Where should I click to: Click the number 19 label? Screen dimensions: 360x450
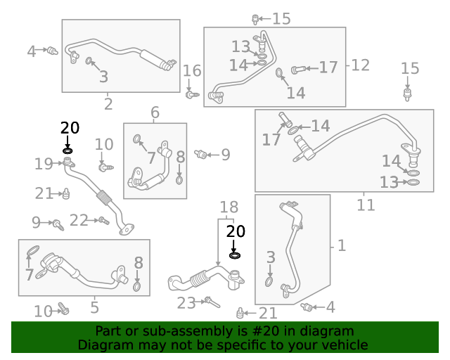(43, 164)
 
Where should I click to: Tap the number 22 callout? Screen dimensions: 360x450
(79, 221)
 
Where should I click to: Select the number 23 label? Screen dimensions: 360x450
(186, 303)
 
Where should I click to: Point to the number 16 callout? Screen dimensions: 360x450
(192, 70)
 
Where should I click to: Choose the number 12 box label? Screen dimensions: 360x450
(360, 65)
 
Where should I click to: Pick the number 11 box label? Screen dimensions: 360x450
(366, 205)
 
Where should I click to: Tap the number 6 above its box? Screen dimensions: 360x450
(155, 112)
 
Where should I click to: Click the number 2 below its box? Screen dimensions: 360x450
(108, 105)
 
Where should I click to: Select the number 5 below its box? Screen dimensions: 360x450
(94, 307)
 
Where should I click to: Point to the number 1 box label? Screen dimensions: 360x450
(342, 245)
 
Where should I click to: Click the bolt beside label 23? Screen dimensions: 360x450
(211, 302)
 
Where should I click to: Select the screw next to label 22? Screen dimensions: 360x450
(103, 221)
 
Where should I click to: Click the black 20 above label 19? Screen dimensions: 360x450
(70, 128)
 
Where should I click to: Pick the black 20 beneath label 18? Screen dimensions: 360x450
(236, 231)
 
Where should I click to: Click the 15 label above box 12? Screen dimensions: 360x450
(281, 19)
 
